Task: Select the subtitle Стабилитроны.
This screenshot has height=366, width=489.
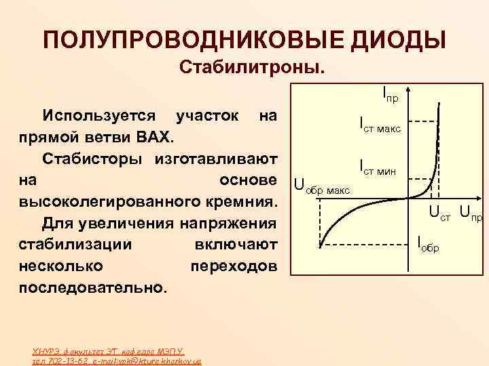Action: (x=252, y=68)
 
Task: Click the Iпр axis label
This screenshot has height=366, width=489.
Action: (x=390, y=93)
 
